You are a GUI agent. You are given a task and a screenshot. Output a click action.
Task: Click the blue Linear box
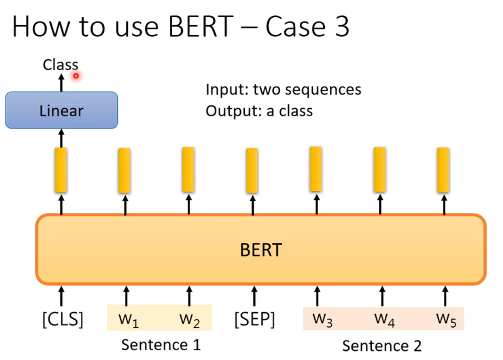pyautogui.click(x=61, y=111)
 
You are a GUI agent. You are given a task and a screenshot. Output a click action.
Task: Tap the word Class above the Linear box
pyautogui.click(x=60, y=65)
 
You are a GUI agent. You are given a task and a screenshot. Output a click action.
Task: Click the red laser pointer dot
pyautogui.click(x=76, y=76)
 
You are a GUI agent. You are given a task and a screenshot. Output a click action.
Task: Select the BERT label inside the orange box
pyautogui.click(x=260, y=249)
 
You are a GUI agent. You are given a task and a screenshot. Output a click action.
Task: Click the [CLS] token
pyautogui.click(x=63, y=319)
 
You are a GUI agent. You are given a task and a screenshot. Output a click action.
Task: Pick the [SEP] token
pyautogui.click(x=254, y=319)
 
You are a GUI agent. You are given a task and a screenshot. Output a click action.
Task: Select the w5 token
pyautogui.click(x=446, y=319)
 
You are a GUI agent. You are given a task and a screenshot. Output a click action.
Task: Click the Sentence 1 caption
pyautogui.click(x=161, y=344)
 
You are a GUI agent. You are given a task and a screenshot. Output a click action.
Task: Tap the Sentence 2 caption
pyautogui.click(x=382, y=345)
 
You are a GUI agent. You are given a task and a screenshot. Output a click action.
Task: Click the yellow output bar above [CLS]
pyautogui.click(x=61, y=170)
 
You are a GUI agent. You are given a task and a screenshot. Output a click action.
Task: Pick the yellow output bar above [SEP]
pyautogui.click(x=252, y=171)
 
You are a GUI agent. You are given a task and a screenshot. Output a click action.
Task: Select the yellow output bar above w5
pyautogui.click(x=443, y=170)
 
